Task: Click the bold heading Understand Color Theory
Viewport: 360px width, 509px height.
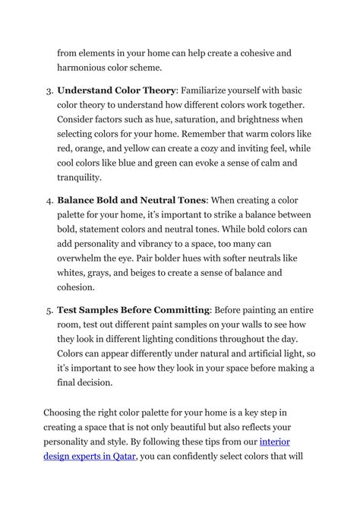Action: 116,90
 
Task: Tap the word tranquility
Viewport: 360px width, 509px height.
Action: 79,178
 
